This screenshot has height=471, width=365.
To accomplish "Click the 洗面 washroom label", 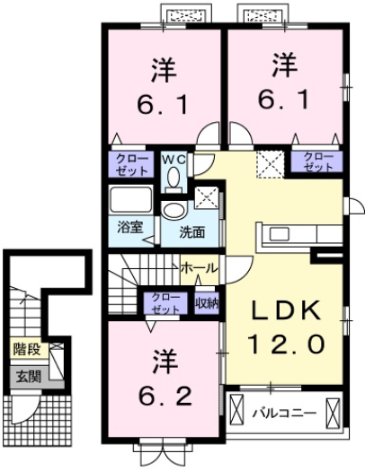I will coord(191,231).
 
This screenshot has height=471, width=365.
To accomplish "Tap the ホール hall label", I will coord(197,268).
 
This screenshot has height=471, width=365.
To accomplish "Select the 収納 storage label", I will coord(208,302).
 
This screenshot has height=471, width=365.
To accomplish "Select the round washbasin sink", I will coord(174,211).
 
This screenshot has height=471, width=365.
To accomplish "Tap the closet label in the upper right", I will coord(316,162).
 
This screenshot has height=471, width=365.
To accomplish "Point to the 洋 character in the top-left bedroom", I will coord(163,69).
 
